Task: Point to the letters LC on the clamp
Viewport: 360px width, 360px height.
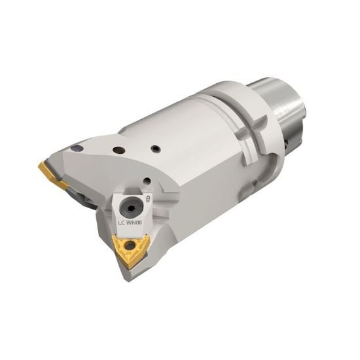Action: point(121,223)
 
